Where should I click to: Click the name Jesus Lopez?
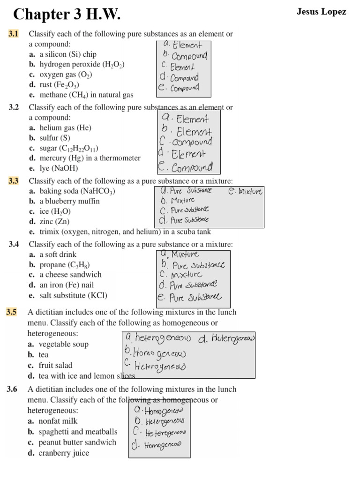click(321, 12)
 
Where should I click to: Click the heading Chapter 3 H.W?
click(67, 15)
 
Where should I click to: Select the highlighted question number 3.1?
click(13, 34)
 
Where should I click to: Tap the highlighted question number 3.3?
click(13, 181)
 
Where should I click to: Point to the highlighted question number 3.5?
click(12, 312)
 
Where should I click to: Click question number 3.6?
click(12, 389)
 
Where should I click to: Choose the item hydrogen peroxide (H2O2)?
click(76, 65)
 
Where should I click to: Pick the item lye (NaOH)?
click(53, 168)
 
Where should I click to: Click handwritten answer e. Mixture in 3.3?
click(245, 191)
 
